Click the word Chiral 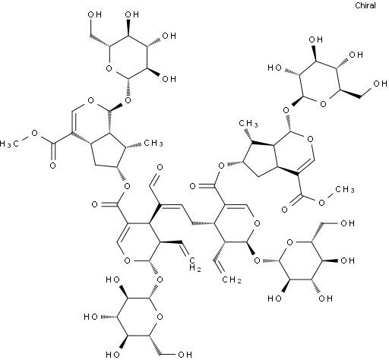tap(365, 5)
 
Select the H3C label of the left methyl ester tap(9, 144)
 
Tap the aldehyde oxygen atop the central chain tap(160, 167)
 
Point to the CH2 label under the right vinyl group tap(232, 279)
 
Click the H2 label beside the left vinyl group tap(195, 268)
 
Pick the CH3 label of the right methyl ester tap(344, 189)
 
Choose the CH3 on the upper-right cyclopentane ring tap(248, 124)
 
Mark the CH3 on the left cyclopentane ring tap(153, 144)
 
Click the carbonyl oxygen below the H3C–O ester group tap(52, 166)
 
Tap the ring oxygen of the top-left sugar tap(109, 68)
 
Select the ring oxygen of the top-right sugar tap(323, 103)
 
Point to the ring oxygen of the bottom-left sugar tap(160, 317)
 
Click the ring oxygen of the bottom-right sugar tap(289, 242)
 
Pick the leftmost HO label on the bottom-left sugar tap(91, 317)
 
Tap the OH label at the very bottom tap(185, 355)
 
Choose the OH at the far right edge tap(380, 84)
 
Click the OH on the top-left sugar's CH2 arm tap(95, 14)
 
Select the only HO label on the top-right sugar tap(275, 68)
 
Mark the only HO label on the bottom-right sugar tap(275, 298)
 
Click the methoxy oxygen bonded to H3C tap(35, 133)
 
